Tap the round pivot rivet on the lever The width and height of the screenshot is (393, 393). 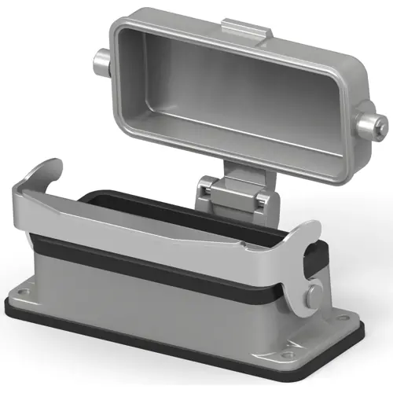tap(314, 296)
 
